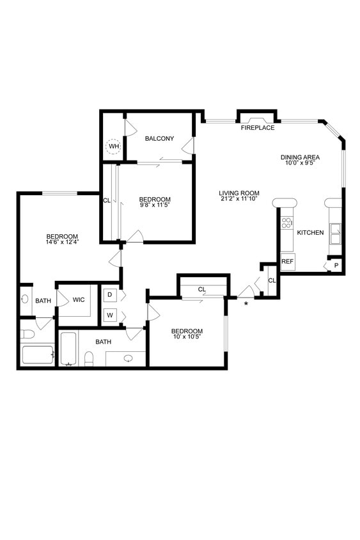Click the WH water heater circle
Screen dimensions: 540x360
pyautogui.click(x=114, y=147)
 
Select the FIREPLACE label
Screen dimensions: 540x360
pyautogui.click(x=258, y=128)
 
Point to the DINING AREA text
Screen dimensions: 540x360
pyautogui.click(x=300, y=157)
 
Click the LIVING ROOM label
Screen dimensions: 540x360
pyautogui.click(x=239, y=193)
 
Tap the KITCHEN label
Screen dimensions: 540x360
pyautogui.click(x=310, y=232)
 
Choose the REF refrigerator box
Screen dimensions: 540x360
pyautogui.click(x=287, y=261)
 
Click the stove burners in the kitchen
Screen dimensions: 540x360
pyautogui.click(x=286, y=223)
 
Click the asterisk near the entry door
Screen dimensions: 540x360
pyautogui.click(x=246, y=303)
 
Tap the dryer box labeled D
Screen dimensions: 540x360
pyautogui.click(x=109, y=295)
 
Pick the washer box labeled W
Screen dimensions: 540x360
pyautogui.click(x=109, y=315)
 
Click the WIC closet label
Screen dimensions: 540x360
pyautogui.click(x=79, y=299)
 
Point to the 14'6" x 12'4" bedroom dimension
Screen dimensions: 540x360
pyautogui.click(x=62, y=242)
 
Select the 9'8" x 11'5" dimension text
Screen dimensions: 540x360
pyautogui.click(x=155, y=205)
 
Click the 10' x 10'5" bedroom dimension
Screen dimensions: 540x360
pyautogui.click(x=187, y=337)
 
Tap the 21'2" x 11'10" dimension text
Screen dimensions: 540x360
pyautogui.click(x=239, y=199)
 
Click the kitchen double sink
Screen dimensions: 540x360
pyautogui.click(x=335, y=234)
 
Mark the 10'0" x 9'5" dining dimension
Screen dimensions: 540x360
pyautogui.click(x=300, y=163)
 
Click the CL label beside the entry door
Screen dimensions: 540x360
pyautogui.click(x=272, y=280)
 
